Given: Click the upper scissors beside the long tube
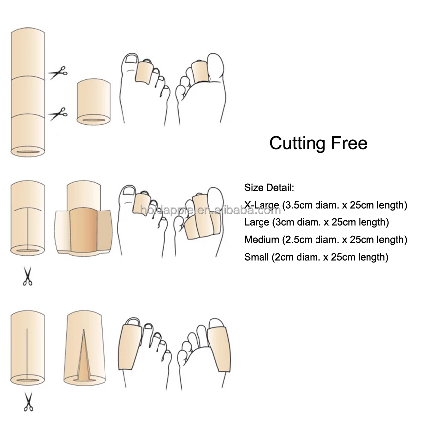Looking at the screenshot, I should [x=58, y=73].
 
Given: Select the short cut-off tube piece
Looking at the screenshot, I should [x=94, y=101].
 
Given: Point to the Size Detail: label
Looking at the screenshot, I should [x=269, y=188].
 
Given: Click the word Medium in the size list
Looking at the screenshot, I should [x=262, y=240].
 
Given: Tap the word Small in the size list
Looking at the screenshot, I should [x=256, y=257].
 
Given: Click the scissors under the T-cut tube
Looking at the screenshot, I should [x=27, y=276].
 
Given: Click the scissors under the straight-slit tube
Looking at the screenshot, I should [x=27, y=401].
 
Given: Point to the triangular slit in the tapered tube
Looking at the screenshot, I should [x=84, y=354].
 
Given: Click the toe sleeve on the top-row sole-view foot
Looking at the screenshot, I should [x=200, y=72].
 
